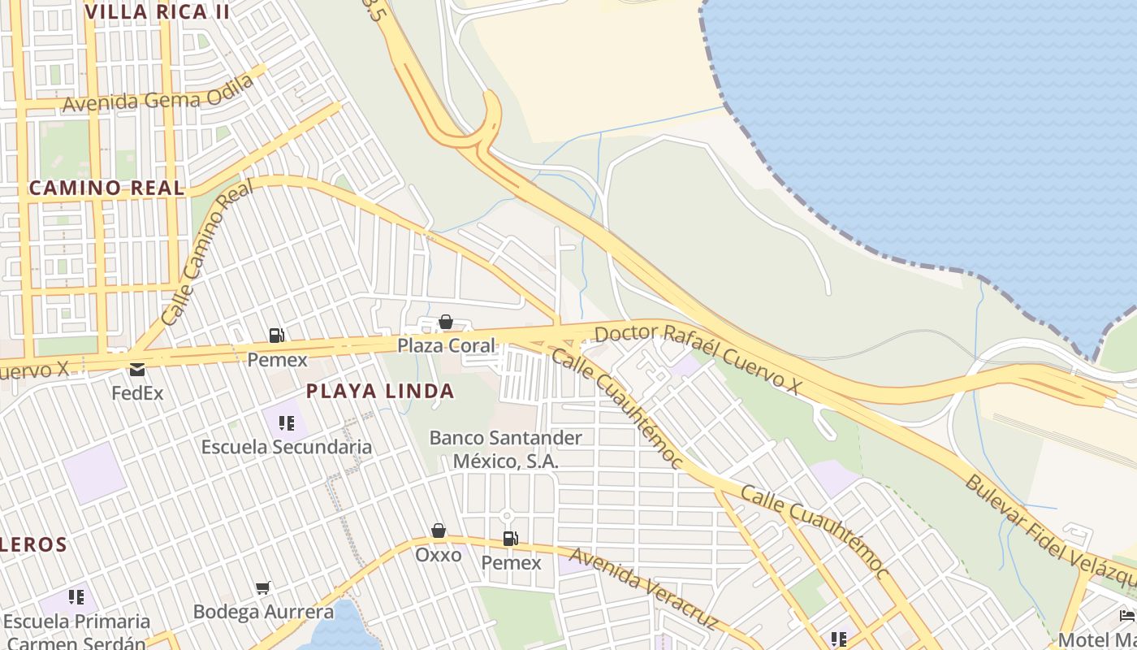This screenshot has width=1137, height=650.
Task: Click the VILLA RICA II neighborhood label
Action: [x=157, y=12]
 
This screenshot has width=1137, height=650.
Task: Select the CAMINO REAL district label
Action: [x=106, y=188]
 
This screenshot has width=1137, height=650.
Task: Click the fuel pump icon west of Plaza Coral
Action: [x=276, y=336]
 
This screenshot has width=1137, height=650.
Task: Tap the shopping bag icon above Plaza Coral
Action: [x=445, y=323]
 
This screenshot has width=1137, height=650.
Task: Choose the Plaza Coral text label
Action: [x=445, y=345]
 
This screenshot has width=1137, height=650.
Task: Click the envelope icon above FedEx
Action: [x=136, y=370]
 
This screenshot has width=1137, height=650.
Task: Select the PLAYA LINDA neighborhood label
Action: [x=379, y=391]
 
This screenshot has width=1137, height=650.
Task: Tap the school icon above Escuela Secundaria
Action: [x=286, y=423]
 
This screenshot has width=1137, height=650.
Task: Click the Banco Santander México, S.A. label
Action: [x=505, y=449]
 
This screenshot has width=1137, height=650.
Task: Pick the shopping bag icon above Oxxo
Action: [x=439, y=531]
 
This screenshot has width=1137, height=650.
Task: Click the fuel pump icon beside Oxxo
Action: [x=510, y=538]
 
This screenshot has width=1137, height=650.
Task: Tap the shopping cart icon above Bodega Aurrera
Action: [x=263, y=587]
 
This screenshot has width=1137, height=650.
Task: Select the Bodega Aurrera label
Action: [x=263, y=612]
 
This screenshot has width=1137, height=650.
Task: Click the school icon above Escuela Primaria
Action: [x=76, y=598]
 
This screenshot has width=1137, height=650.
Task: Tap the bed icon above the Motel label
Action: [x=1126, y=614]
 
